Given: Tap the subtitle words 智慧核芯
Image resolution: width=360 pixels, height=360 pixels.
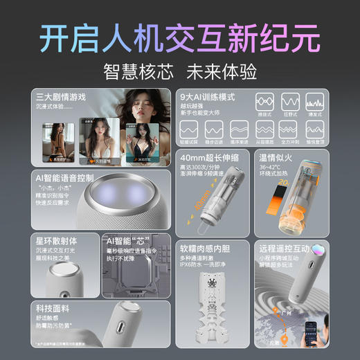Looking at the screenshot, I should pos(132,71).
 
